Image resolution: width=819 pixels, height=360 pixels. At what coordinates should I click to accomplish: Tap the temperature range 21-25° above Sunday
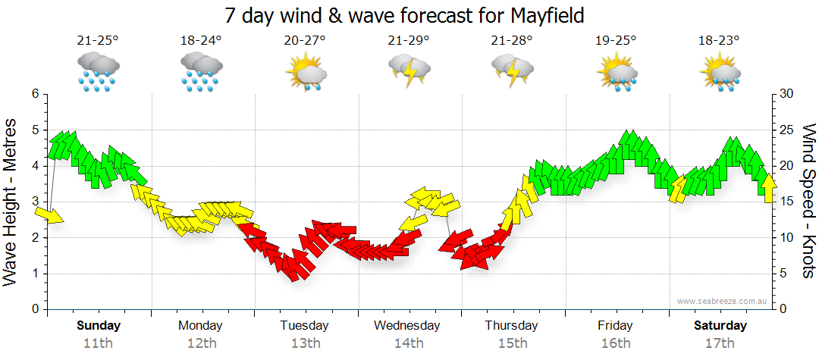(x=98, y=41)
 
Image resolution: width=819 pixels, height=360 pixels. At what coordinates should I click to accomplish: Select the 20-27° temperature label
(x=305, y=41)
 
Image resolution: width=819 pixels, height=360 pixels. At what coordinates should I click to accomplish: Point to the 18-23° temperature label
(x=719, y=41)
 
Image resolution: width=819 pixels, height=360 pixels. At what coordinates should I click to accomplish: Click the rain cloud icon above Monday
(x=201, y=71)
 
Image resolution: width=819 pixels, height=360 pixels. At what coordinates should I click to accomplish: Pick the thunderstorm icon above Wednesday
(x=409, y=71)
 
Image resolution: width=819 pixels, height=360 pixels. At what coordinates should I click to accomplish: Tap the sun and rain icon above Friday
(x=616, y=73)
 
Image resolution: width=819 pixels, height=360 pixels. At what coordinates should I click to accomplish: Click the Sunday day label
(x=99, y=326)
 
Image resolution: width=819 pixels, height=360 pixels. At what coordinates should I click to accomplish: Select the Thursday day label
(x=512, y=326)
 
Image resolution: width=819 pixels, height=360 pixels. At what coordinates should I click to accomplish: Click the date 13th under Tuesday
(x=305, y=343)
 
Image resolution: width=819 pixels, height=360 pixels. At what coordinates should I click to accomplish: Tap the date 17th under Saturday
(x=720, y=343)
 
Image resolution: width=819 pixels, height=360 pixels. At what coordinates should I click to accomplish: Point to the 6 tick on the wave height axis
(x=34, y=94)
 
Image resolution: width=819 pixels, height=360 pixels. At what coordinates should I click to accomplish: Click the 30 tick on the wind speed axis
(x=786, y=94)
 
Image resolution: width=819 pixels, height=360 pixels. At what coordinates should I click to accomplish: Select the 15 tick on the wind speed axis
(x=786, y=202)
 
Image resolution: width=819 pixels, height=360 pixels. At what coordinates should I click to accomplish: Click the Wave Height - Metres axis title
(x=12, y=202)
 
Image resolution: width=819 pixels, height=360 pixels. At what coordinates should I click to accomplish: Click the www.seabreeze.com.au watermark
(x=723, y=301)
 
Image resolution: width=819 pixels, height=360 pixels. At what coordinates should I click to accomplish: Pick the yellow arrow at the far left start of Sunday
(x=49, y=215)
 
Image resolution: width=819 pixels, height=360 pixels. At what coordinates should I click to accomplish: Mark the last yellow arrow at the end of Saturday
(x=768, y=188)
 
